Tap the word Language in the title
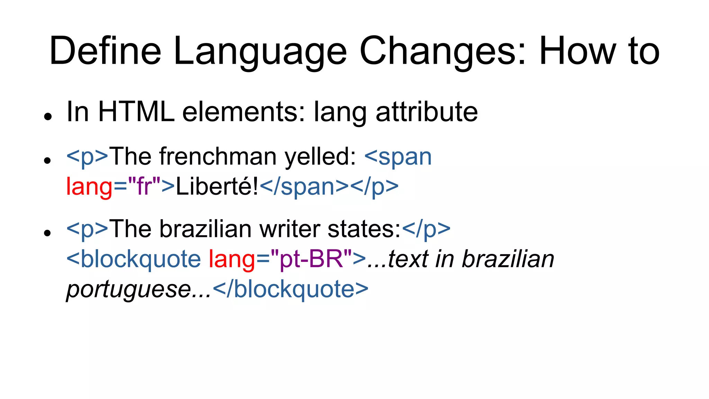(260, 52)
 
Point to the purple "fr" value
(144, 186)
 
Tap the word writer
(290, 229)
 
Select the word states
(364, 229)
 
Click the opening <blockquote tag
(134, 259)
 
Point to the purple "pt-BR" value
(312, 259)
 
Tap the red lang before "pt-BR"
(232, 259)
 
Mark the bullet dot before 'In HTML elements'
(48, 116)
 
